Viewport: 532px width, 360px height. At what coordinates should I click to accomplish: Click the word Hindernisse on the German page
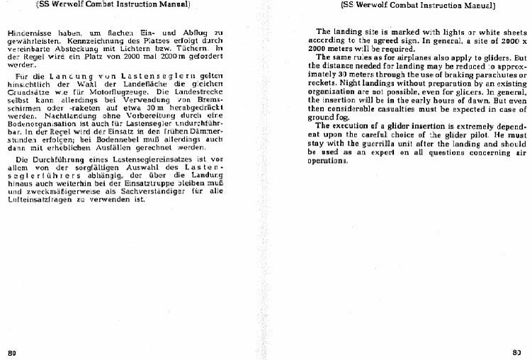point(27,33)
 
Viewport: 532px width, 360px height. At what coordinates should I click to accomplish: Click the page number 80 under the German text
point(12,351)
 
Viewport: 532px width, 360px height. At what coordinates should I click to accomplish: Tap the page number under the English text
point(516,351)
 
